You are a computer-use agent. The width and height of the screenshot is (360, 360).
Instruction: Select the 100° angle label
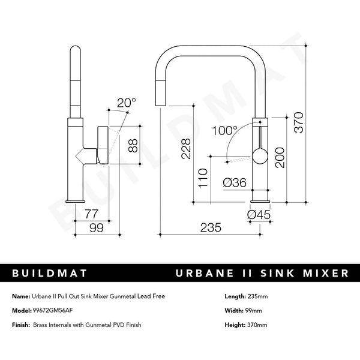[x=226, y=130]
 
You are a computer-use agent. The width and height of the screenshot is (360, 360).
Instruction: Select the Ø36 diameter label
[x=235, y=184]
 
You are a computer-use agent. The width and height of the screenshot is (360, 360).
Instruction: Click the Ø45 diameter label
[x=259, y=212]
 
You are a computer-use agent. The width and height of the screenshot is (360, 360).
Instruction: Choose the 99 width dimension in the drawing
[x=95, y=227]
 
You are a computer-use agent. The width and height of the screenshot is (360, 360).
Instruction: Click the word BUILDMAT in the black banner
[x=50, y=274]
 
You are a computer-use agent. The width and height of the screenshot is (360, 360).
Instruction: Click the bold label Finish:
[x=21, y=325]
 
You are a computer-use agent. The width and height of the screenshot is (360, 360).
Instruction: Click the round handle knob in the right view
[x=259, y=157]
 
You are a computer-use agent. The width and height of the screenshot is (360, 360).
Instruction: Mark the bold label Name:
[x=20, y=296]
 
